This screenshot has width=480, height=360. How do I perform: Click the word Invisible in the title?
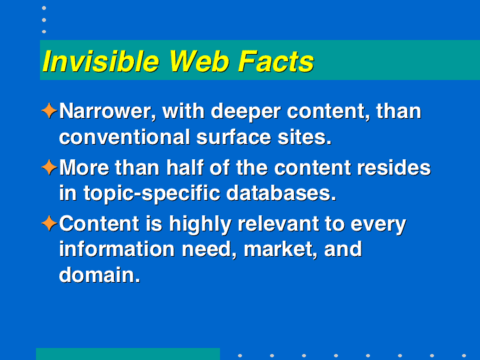[101, 61]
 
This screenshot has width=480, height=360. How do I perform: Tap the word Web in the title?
[199, 61]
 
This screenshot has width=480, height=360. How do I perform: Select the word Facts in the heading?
[276, 61]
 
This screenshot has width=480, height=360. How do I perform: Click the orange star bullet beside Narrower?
[49, 111]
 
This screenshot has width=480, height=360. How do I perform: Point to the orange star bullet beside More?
[49, 167]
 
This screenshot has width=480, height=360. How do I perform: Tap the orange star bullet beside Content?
[49, 223]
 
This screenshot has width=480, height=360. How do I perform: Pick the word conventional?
[125, 137]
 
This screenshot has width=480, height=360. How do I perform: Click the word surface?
[234, 137]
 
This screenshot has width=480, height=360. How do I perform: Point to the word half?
[185, 167]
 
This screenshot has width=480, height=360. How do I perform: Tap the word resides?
[394, 167]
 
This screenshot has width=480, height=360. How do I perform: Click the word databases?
[281, 193]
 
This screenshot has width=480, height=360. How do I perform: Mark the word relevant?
[279, 224]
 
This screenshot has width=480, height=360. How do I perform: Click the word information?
[117, 249]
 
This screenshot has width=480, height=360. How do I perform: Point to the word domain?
[99, 275]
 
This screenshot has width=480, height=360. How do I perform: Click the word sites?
[305, 137]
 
